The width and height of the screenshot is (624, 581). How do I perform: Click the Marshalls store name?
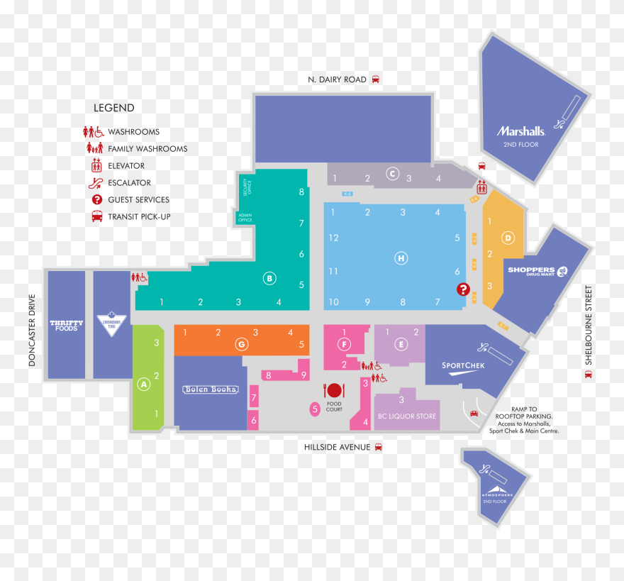[x=520, y=131]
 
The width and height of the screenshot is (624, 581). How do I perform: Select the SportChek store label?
[x=463, y=366]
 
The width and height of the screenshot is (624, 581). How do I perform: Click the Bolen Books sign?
[x=211, y=389]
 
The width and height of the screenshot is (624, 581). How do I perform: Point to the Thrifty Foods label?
[x=66, y=326]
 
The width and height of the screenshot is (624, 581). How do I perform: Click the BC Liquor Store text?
[x=407, y=416]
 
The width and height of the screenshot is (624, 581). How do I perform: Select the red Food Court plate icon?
[x=334, y=390]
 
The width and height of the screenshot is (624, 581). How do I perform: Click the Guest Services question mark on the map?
[x=463, y=289]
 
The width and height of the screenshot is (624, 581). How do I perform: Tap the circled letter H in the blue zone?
[x=401, y=258]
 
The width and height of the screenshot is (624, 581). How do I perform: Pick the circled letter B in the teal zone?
[x=269, y=278]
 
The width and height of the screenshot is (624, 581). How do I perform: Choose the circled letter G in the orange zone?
[x=242, y=344]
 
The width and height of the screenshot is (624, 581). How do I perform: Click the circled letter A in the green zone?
[x=144, y=384]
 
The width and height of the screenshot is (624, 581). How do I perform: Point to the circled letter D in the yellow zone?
[x=508, y=238]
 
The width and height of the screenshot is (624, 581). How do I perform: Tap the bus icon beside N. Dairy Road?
[x=376, y=79]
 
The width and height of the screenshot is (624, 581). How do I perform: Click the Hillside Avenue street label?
[x=337, y=447]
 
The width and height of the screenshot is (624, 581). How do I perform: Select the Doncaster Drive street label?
[x=31, y=331]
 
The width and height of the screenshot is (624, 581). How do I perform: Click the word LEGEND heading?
[x=113, y=108]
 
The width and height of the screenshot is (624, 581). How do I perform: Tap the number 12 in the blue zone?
[x=333, y=238]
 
